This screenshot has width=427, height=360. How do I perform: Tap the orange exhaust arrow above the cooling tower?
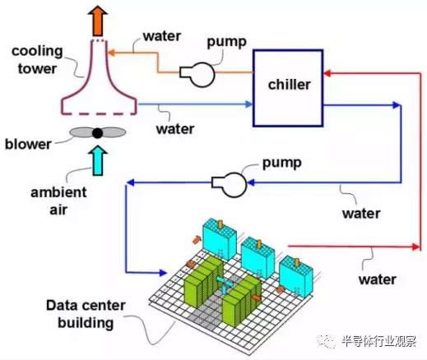coord(98,21)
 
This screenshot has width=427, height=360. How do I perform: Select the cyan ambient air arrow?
coord(98,160)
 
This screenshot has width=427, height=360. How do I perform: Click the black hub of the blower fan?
coord(97,133)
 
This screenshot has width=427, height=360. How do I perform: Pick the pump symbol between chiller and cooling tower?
coord(197,75)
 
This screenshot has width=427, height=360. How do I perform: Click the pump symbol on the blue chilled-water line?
coord(230,185)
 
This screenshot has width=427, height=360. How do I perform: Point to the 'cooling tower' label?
coord(37,60)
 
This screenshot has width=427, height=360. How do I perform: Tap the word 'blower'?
coord(28,144)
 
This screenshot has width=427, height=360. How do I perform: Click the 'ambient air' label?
coord(58,201)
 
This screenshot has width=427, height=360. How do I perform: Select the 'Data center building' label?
coord(86,314)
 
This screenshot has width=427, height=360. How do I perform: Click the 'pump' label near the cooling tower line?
coord(226,42)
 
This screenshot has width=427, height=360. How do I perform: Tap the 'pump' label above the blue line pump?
coord(282,164)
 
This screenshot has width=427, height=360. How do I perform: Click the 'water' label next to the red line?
coord(378,279)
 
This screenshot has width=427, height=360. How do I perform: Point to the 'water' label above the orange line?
coord(162,36)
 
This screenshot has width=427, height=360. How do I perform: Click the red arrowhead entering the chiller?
coord(327,73)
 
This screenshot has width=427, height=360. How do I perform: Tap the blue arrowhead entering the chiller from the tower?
coord(248,104)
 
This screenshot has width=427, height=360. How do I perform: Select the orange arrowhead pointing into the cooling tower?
coord(112,53)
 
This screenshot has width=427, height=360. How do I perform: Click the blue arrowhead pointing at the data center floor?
coord(163,273)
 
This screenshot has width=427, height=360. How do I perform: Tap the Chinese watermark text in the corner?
coord(378,341)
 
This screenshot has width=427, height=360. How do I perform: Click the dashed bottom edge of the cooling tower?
coord(99,113)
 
